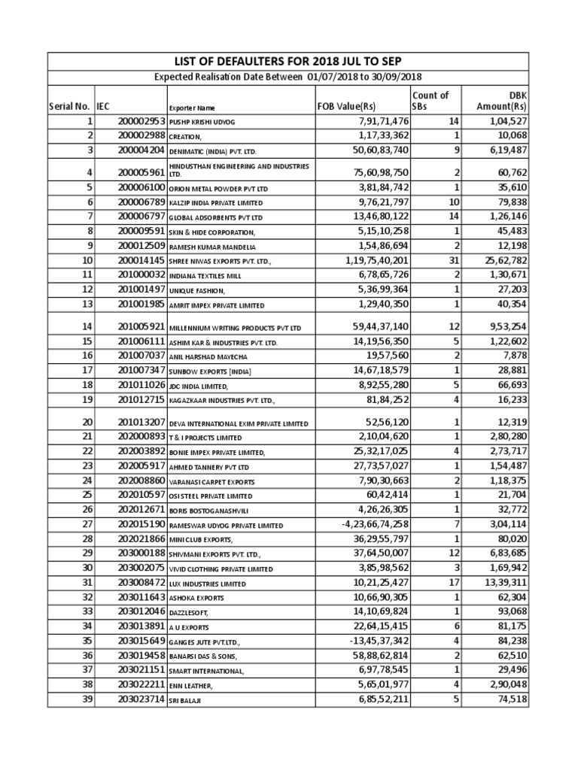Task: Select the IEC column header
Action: point(103,107)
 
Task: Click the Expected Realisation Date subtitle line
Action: point(288,77)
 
